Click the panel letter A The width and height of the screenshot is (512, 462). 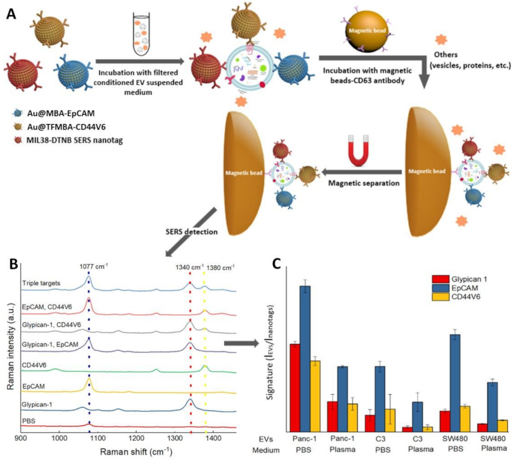12,12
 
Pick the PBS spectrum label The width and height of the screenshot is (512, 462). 31,421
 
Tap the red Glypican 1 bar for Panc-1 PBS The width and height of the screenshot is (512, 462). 295,387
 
